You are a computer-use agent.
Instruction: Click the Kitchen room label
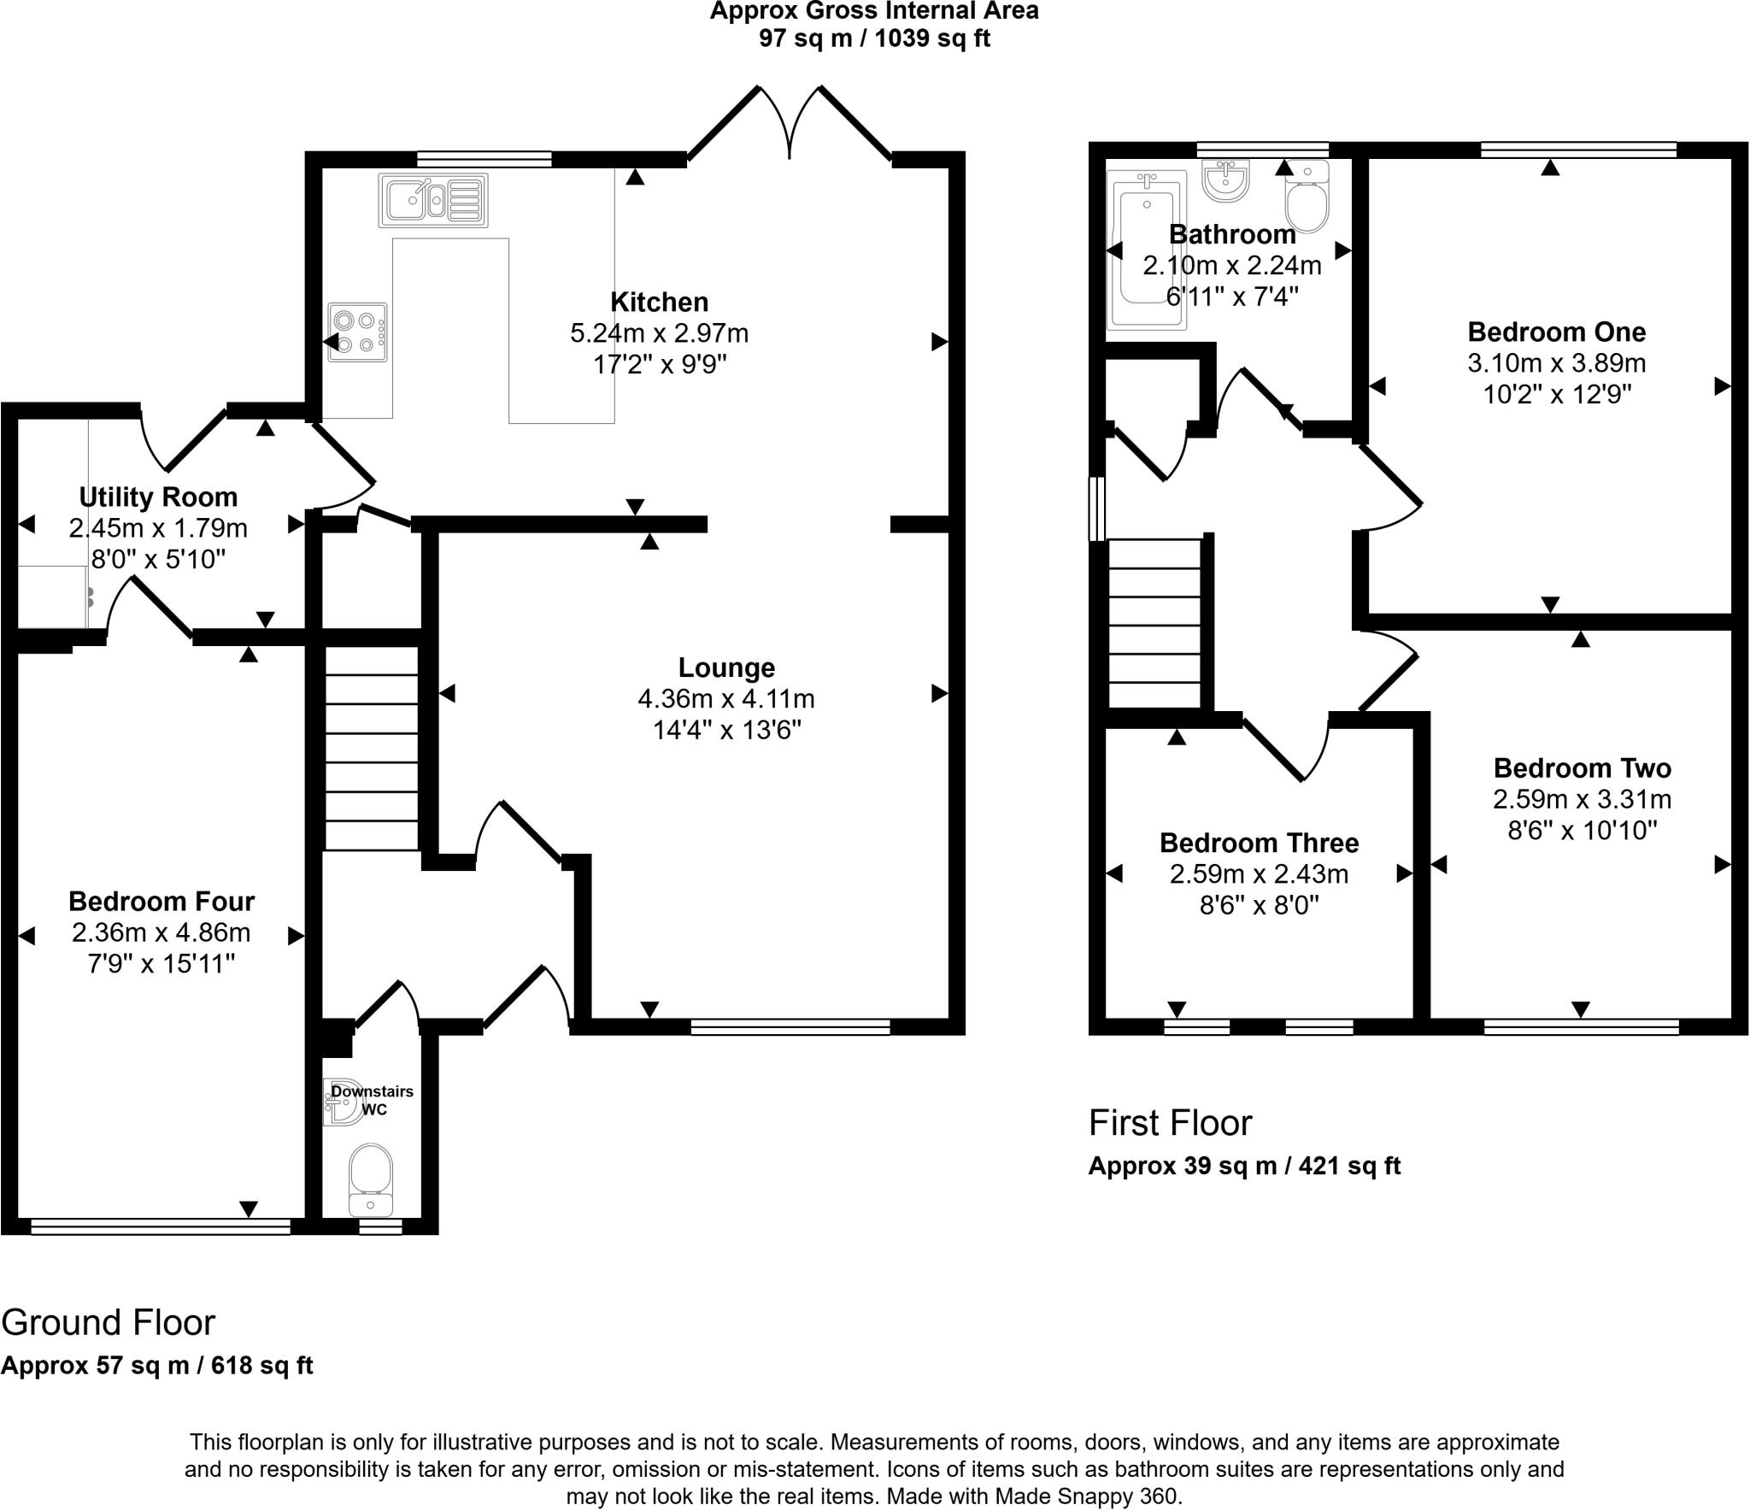pyautogui.click(x=659, y=303)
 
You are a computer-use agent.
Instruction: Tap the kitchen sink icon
pyautogui.click(x=432, y=201)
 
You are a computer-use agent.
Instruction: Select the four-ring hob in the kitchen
pyautogui.click(x=357, y=332)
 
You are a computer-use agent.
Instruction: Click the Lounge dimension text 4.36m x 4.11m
pyautogui.click(x=725, y=699)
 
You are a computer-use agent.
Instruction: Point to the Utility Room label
pyautogui.click(x=158, y=497)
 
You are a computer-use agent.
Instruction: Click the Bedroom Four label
pyautogui.click(x=161, y=902)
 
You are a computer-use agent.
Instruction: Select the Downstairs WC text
pyautogui.click(x=373, y=1100)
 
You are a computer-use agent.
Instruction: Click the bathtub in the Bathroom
pyautogui.click(x=1146, y=250)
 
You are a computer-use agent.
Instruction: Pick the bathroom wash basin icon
pyautogui.click(x=1226, y=180)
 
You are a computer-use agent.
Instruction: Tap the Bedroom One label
pyautogui.click(x=1556, y=332)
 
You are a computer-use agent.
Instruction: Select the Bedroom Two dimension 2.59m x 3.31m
pyautogui.click(x=1582, y=800)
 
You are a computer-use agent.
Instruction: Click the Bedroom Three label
pyautogui.click(x=1259, y=844)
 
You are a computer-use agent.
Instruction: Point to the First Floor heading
pyautogui.click(x=1170, y=1123)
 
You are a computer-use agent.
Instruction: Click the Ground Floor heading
pyautogui.click(x=108, y=1323)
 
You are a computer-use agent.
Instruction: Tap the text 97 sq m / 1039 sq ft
pyautogui.click(x=874, y=38)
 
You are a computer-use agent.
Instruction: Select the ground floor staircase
pyautogui.click(x=371, y=748)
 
